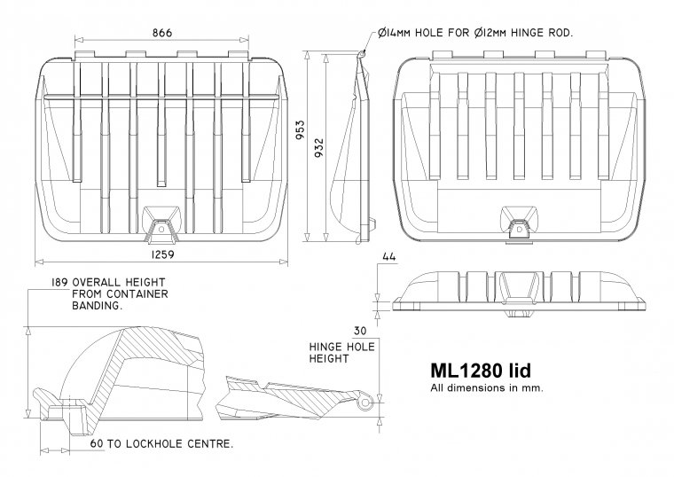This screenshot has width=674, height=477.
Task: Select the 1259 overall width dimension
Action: tap(162, 254)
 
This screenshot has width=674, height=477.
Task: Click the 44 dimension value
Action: tap(387, 257)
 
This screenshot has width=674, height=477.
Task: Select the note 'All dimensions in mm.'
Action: tap(486, 387)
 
